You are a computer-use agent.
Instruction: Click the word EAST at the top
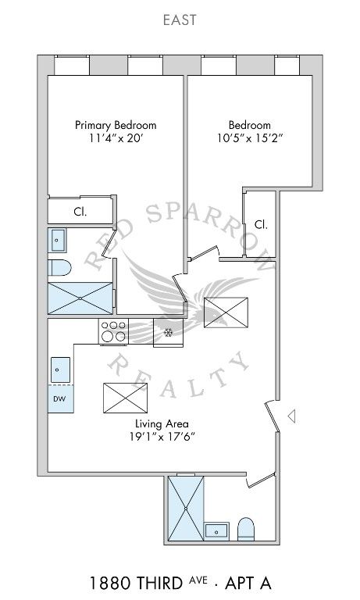click(180, 20)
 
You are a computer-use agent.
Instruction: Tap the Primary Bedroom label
click(116, 125)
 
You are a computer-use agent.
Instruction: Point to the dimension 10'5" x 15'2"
click(249, 138)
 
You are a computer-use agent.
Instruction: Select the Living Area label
click(162, 423)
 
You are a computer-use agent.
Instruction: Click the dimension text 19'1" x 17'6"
click(162, 437)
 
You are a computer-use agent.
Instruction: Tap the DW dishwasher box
click(60, 398)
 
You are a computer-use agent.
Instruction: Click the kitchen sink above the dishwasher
click(60, 370)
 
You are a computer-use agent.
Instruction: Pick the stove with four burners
click(113, 331)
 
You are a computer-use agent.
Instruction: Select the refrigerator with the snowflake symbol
click(169, 333)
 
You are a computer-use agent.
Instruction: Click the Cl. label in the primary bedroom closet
click(80, 212)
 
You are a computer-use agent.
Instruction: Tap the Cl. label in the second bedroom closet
click(261, 224)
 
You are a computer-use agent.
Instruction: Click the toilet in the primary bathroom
click(59, 267)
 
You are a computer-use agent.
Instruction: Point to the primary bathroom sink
click(57, 241)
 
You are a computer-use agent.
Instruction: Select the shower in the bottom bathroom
click(186, 508)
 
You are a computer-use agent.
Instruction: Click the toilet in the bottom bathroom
click(246, 529)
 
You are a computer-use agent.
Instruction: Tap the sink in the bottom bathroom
click(216, 531)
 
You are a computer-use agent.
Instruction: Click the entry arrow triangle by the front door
click(291, 416)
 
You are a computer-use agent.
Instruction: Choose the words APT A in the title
click(248, 583)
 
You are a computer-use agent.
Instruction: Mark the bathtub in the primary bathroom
click(80, 298)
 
